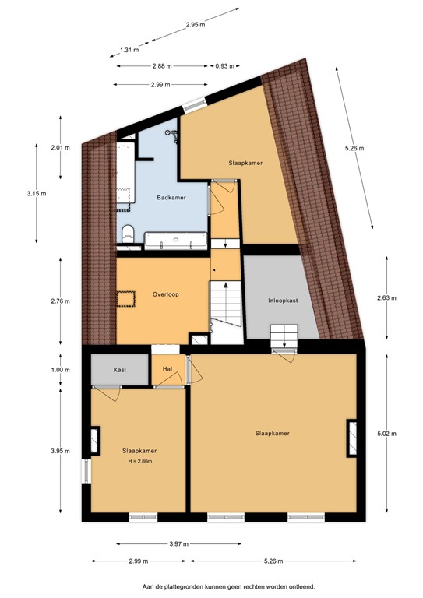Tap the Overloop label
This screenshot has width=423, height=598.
tap(167, 296)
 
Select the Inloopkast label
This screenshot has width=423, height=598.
tap(281, 299)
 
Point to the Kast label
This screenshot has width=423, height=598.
tap(119, 370)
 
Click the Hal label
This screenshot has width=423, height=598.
tap(167, 370)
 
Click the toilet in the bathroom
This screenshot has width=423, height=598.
tap(128, 231)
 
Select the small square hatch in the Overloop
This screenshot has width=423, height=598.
tap(125, 299)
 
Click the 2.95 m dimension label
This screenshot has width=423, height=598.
tap(196, 25)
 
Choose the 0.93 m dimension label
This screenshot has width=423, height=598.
tap(225, 66)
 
